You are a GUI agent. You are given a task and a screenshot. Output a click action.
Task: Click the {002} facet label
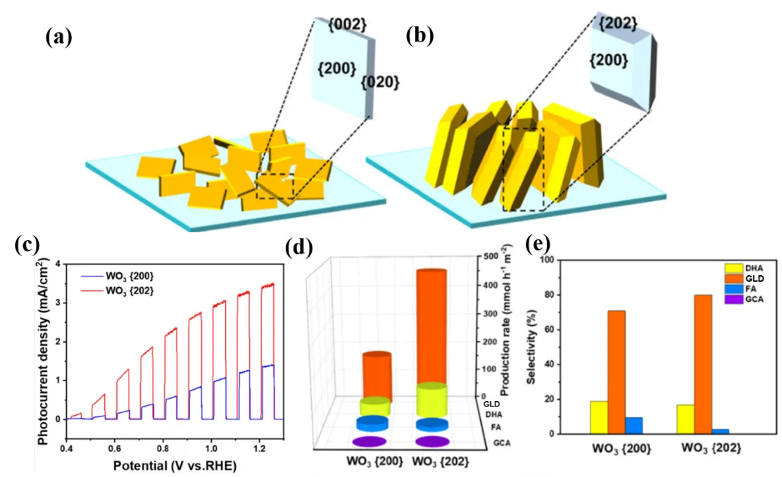pyautogui.click(x=348, y=25)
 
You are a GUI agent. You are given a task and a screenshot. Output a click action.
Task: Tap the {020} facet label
pyautogui.click(x=380, y=82)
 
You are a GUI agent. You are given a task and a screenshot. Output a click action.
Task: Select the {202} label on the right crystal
pyautogui.click(x=619, y=23)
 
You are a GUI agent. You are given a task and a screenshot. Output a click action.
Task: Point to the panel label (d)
pyautogui.click(x=300, y=246)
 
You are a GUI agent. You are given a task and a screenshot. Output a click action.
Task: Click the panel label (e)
pyautogui.click(x=538, y=243)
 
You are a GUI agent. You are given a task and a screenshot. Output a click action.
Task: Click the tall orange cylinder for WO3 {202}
pyautogui.click(x=431, y=327)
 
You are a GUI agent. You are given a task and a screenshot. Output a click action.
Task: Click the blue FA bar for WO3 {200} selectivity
pyautogui.click(x=634, y=425)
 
